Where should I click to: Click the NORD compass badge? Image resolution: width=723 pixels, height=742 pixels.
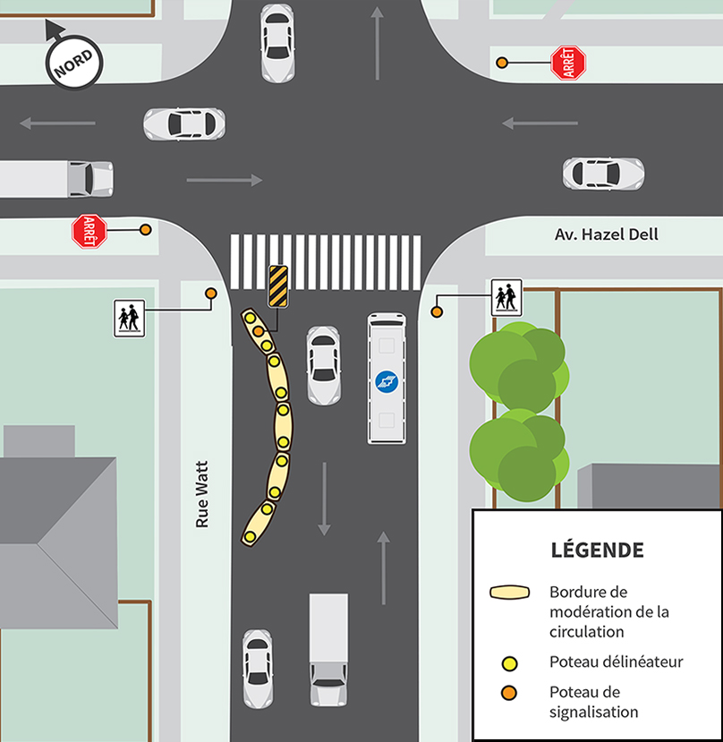[x=73, y=63]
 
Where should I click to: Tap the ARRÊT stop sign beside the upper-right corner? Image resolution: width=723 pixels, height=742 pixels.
[x=567, y=63]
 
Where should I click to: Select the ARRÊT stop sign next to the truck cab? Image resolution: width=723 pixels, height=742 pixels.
[x=89, y=231]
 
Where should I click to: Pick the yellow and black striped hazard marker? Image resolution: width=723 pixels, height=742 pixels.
[x=277, y=286]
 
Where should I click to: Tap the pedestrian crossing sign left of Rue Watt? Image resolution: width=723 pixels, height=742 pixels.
[x=129, y=318]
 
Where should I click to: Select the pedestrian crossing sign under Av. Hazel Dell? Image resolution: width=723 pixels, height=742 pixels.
[x=506, y=297]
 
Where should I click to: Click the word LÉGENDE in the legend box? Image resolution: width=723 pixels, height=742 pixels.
[x=596, y=549]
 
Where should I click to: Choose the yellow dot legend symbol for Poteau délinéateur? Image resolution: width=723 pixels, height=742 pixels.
[x=510, y=663]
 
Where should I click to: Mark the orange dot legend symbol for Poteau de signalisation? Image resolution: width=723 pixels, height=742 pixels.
[x=510, y=692]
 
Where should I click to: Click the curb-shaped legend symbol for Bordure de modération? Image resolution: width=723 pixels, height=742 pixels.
[x=510, y=593]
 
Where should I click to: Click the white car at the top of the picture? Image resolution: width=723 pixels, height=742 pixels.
[x=277, y=42]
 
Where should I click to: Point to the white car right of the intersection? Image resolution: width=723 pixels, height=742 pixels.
[x=602, y=173]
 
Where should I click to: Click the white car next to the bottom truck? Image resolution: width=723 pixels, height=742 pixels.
[x=258, y=668]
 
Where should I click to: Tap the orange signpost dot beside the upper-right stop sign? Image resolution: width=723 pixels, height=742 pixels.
[x=502, y=63]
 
